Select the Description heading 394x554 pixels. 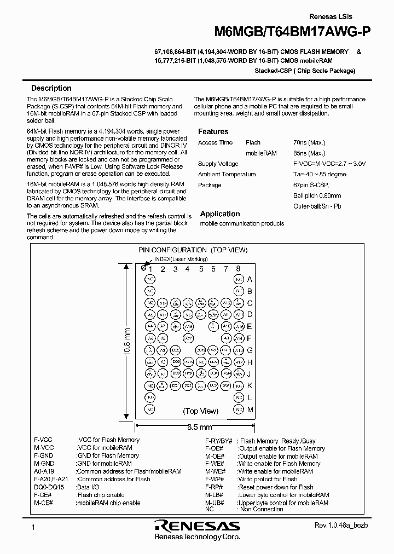(x=51, y=88)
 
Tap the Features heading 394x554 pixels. (x=213, y=131)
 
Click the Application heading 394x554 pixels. (x=220, y=214)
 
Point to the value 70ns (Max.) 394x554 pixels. (x=309, y=142)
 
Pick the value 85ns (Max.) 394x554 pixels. (x=309, y=153)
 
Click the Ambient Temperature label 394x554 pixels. (x=227, y=174)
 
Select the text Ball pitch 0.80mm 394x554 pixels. (x=317, y=195)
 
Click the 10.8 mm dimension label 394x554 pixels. (x=126, y=343)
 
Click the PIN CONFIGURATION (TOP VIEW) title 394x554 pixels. (x=192, y=250)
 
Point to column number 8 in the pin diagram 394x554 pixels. (x=238, y=269)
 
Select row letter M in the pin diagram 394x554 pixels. (x=250, y=409)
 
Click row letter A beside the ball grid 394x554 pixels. (x=250, y=279)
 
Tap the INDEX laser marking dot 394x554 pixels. (x=143, y=268)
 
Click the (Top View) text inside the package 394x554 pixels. (x=201, y=411)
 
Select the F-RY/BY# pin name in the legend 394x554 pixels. (x=218, y=441)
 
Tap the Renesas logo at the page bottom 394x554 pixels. (x=197, y=526)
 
